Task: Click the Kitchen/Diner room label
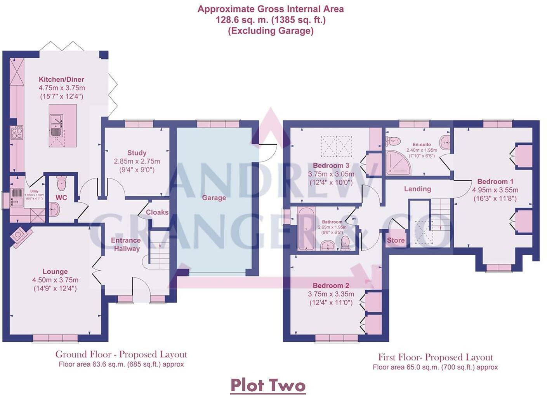pyautogui.click(x=61, y=79)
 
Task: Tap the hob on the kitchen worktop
pyautogui.click(x=17, y=133)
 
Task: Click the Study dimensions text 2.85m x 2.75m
pyautogui.click(x=137, y=161)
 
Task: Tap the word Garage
pyautogui.click(x=214, y=198)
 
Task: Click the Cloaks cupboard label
pyautogui.click(x=157, y=212)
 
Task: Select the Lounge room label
pyautogui.click(x=55, y=271)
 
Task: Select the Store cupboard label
pyautogui.click(x=396, y=240)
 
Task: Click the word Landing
pyautogui.click(x=417, y=189)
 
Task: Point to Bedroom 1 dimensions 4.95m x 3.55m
pyautogui.click(x=495, y=190)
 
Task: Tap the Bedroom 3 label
pyautogui.click(x=331, y=166)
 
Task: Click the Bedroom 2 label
pyautogui.click(x=331, y=285)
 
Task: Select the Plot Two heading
pyautogui.click(x=268, y=385)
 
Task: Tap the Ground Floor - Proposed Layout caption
pyautogui.click(x=121, y=354)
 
